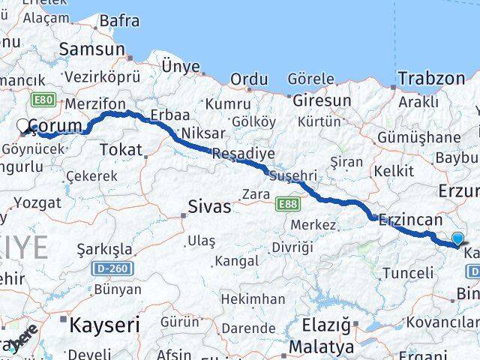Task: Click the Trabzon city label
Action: tap(431, 78)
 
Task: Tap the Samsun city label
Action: tap(91, 49)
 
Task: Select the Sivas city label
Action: tap(209, 206)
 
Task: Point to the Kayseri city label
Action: tap(104, 325)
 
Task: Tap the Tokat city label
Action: tap(120, 150)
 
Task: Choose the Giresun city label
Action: tap(322, 100)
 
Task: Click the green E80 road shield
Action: tap(43, 100)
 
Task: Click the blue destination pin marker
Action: tap(457, 239)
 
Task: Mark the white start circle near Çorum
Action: tap(23, 127)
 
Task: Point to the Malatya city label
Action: tap(321, 347)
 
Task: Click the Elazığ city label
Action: tap(325, 325)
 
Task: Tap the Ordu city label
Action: tap(249, 79)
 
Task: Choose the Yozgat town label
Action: tap(37, 202)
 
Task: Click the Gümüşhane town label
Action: tap(418, 137)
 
